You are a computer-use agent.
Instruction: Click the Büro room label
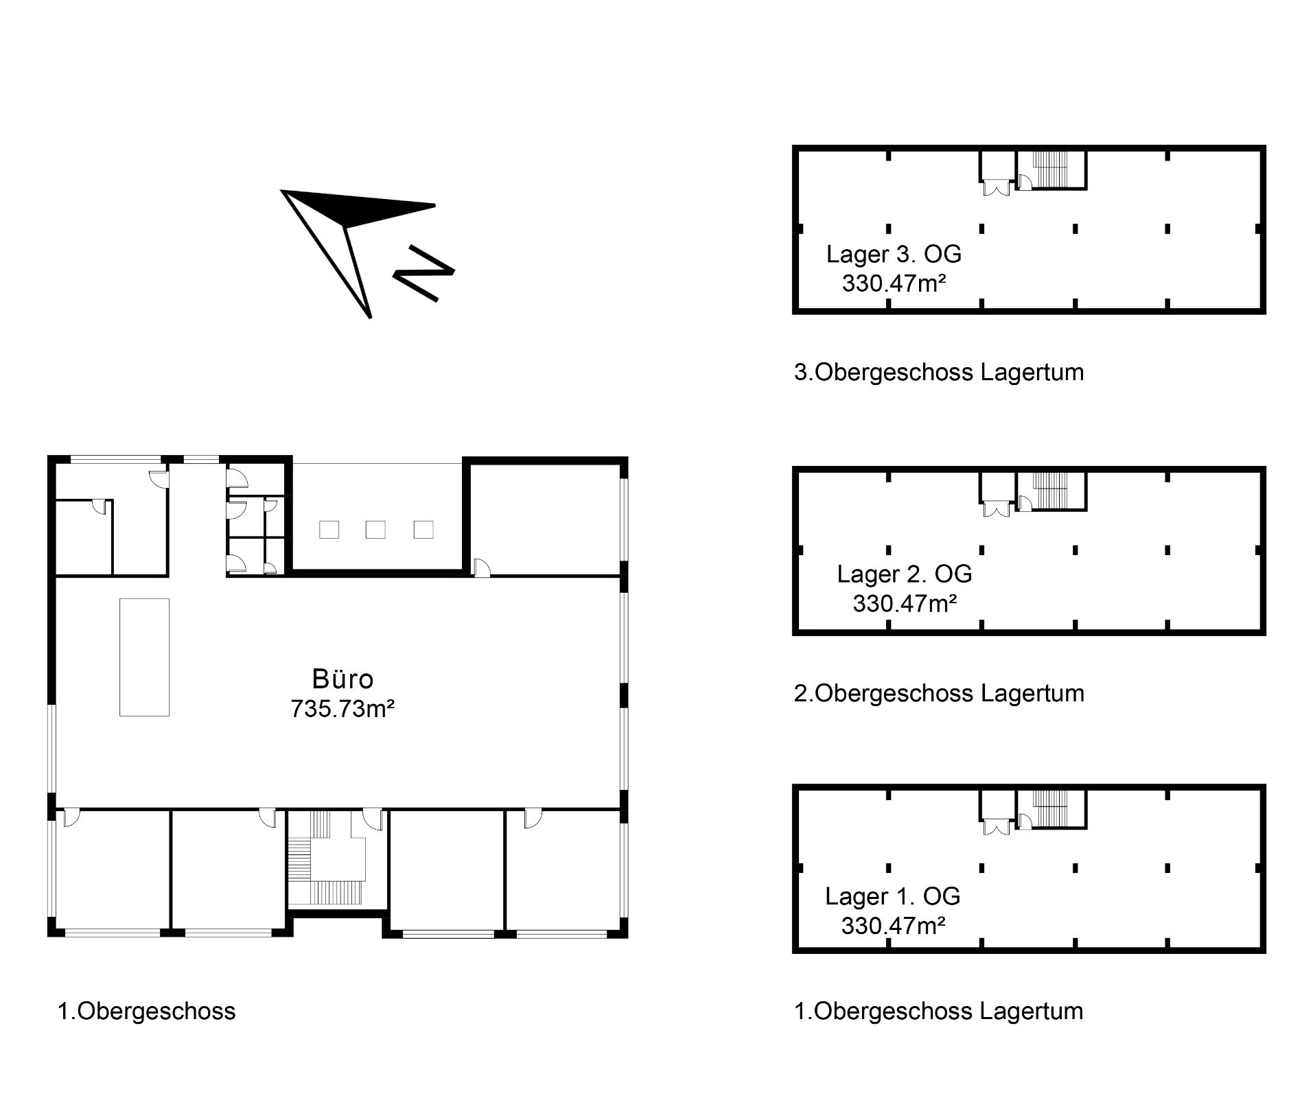click(342, 679)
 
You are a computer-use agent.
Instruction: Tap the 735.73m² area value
click(342, 708)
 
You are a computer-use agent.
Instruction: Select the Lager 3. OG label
click(894, 254)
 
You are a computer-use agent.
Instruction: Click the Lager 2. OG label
click(905, 574)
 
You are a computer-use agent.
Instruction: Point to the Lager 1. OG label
click(892, 896)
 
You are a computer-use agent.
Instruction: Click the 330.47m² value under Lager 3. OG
click(894, 283)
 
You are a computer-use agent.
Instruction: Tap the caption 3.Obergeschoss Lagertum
click(939, 372)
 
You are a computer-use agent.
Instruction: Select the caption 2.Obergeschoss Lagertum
click(939, 693)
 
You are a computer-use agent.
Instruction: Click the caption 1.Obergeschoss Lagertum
click(938, 1011)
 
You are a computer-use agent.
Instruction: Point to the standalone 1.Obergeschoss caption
click(146, 1011)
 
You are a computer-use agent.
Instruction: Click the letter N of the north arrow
click(423, 272)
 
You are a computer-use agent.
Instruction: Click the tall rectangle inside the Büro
click(144, 657)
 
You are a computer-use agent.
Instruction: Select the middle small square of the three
click(375, 530)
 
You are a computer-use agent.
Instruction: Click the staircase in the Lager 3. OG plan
click(1051, 168)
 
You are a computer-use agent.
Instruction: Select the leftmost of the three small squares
click(329, 530)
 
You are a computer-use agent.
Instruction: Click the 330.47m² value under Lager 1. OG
click(894, 926)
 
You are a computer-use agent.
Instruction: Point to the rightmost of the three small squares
click(423, 530)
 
